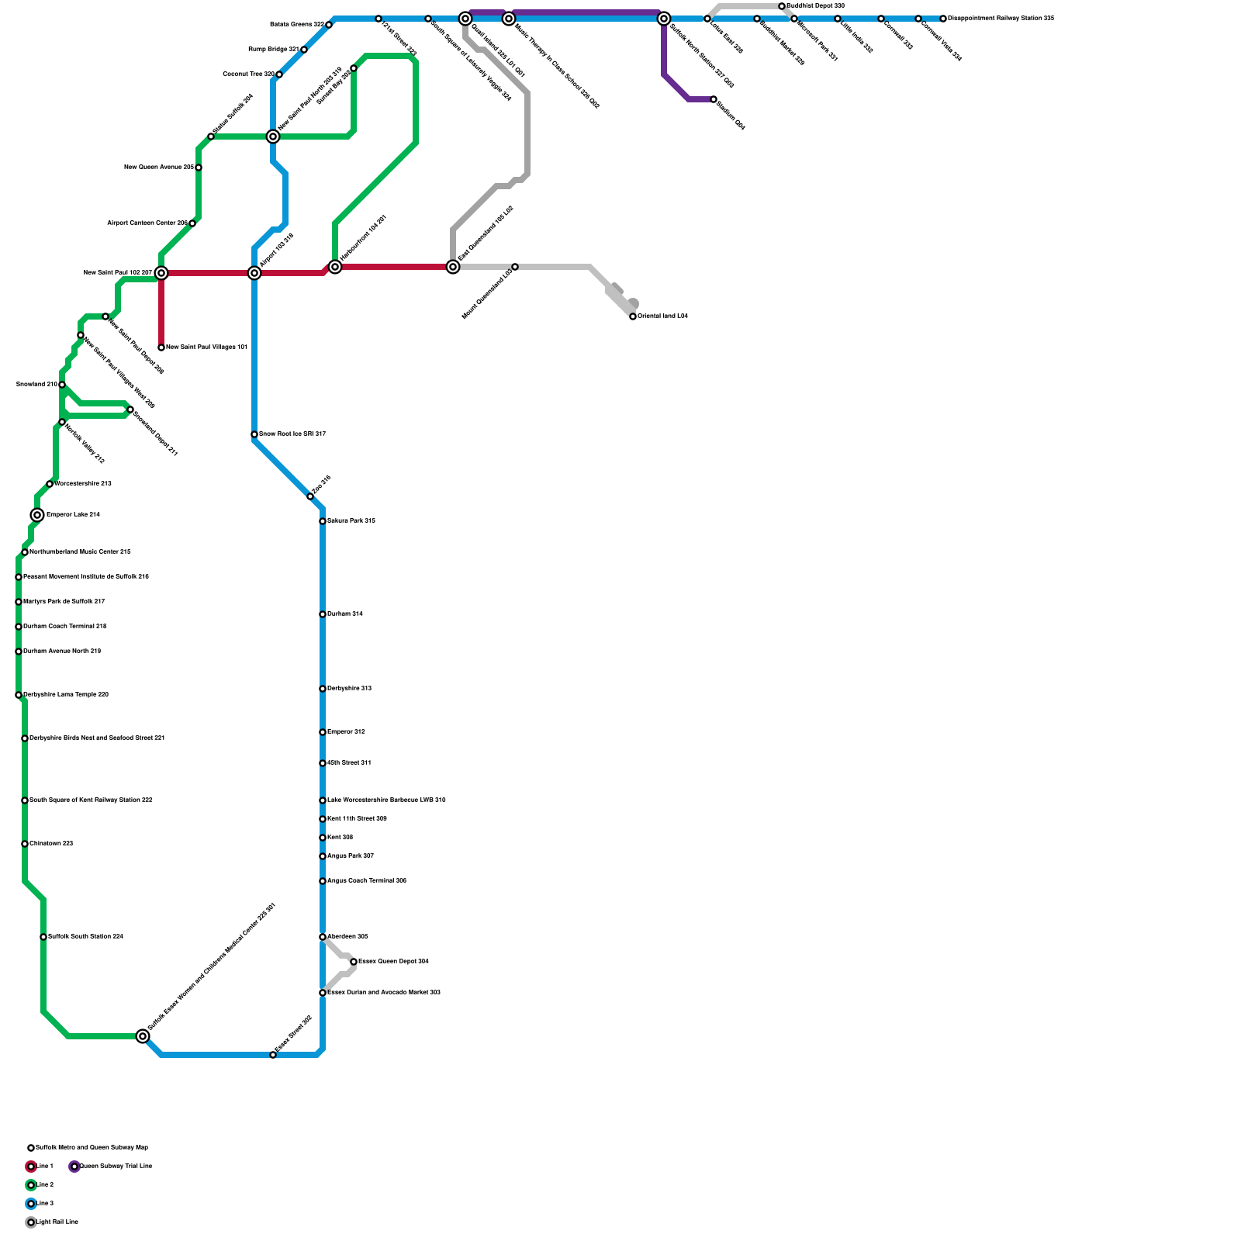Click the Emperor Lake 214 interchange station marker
pos(37,515)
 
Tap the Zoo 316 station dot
pos(310,496)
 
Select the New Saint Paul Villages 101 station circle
pos(161,347)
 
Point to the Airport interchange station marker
pos(254,273)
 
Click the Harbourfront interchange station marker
pos(335,267)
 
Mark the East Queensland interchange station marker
pos(453,267)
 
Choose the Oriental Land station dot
pos(633,316)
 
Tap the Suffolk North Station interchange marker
pos(664,19)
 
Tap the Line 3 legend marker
pos(31,1204)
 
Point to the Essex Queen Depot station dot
pos(354,962)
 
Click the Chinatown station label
pos(51,844)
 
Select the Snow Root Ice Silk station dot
pos(254,434)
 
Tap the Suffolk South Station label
pos(85,937)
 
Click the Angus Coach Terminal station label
pos(366,881)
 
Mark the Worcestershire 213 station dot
pos(50,484)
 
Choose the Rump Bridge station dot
pos(304,50)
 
